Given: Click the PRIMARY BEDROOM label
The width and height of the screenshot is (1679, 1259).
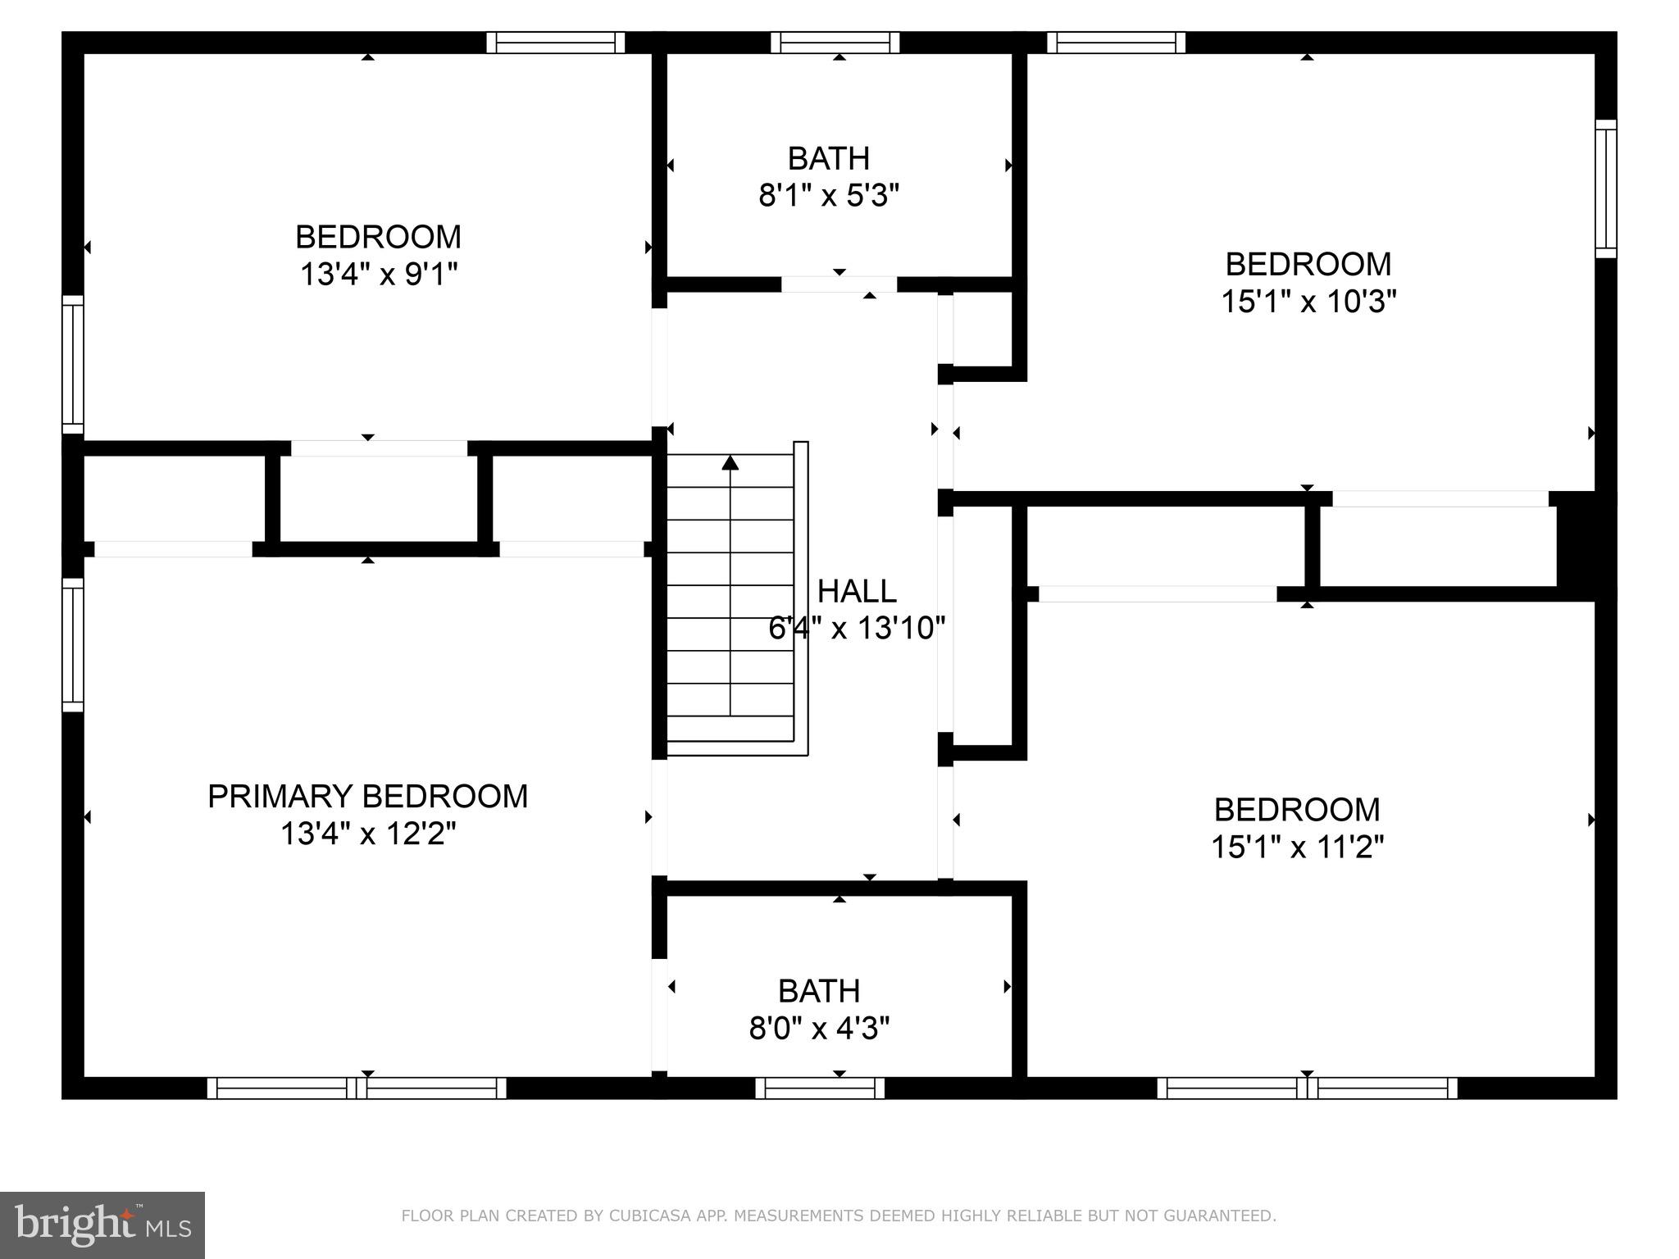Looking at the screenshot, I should [367, 797].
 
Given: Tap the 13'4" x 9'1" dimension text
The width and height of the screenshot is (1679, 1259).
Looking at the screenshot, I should [378, 275].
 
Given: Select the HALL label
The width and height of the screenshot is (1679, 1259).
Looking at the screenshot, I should [857, 591].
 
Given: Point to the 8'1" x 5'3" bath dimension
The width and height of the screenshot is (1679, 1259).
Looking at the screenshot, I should [829, 196].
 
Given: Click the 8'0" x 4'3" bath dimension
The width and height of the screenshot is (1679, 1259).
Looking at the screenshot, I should [819, 1028].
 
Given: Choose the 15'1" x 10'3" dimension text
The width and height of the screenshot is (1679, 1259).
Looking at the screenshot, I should [1308, 302].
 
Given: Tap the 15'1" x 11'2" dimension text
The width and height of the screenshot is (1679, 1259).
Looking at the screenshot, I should [1297, 847].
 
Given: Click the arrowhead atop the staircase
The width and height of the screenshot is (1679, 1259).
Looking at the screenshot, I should [730, 463].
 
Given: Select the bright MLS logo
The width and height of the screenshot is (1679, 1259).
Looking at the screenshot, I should [102, 1225].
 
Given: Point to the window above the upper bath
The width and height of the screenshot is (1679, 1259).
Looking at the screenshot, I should [835, 43].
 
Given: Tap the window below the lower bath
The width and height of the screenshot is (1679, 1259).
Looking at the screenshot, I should [819, 1089].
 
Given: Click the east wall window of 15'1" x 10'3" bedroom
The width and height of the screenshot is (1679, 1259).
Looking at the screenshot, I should [1605, 189].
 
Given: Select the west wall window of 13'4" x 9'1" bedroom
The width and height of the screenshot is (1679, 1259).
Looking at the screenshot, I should [73, 365].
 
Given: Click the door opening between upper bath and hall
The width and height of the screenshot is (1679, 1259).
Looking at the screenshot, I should [839, 284].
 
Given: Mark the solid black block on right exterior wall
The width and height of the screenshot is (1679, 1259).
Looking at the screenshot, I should [1586, 545].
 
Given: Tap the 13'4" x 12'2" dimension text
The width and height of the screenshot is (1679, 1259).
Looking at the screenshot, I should [367, 834].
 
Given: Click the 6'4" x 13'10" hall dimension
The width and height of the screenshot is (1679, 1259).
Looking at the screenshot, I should [857, 629].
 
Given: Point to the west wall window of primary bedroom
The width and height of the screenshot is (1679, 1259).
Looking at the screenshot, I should [73, 645].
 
